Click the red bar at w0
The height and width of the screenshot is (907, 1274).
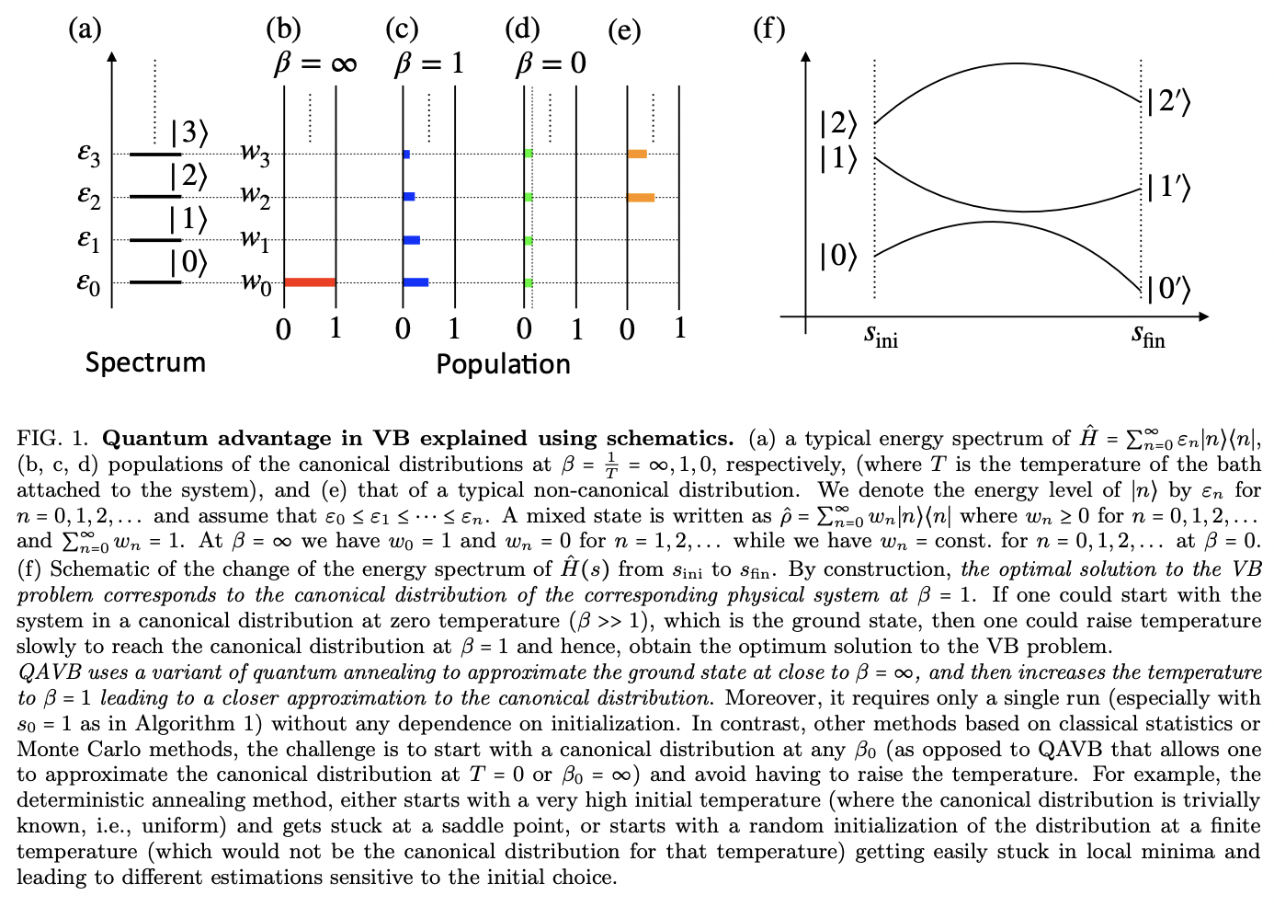(310, 282)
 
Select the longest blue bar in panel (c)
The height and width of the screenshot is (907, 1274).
(415, 282)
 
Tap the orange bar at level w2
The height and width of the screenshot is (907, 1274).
(641, 197)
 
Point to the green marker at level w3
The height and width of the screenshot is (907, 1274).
(529, 154)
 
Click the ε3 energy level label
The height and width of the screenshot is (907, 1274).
(89, 154)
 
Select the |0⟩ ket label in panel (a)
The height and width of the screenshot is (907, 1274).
(188, 263)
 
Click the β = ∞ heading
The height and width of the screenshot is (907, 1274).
(314, 63)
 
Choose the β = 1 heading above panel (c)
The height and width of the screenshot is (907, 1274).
(429, 63)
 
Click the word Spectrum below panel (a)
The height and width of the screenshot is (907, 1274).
(145, 362)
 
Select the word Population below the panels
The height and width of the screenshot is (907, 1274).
(503, 364)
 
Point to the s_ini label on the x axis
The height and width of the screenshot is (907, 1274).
(881, 337)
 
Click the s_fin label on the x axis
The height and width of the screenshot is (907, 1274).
(1148, 337)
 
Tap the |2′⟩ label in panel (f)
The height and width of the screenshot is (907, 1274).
(1168, 102)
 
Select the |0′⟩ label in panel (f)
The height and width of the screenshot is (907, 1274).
(1168, 289)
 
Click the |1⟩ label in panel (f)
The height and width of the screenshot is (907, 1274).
(837, 159)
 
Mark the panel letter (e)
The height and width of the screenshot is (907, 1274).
(624, 30)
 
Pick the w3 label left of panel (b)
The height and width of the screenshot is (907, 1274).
(256, 154)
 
